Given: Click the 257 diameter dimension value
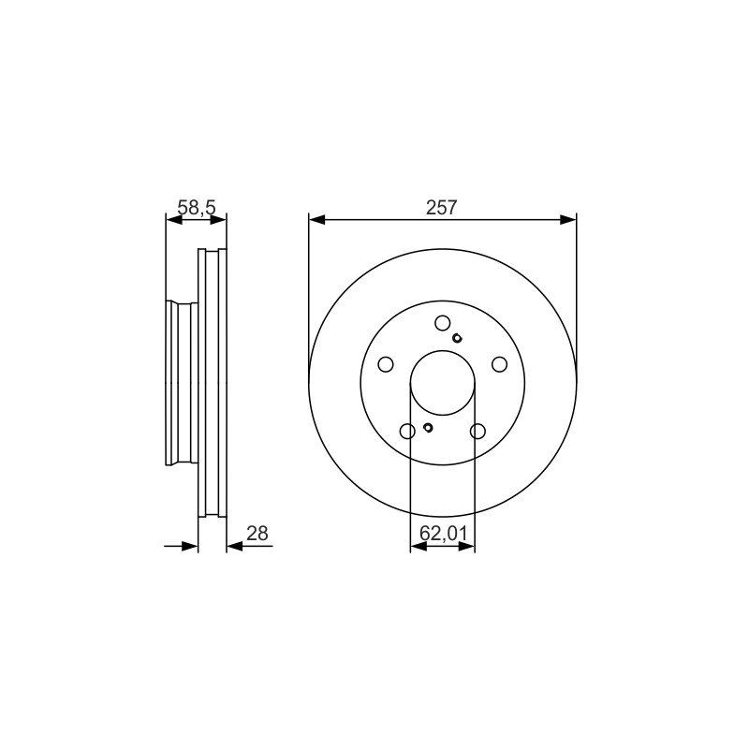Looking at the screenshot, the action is [442, 208].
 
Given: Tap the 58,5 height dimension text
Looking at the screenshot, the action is [197, 208].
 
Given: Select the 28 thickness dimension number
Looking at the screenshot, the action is [257, 533].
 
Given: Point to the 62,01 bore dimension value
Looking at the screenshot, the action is [443, 533].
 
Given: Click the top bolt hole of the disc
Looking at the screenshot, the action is [442, 323].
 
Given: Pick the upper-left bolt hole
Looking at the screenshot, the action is [386, 364].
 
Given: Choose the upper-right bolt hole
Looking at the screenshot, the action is [500, 364].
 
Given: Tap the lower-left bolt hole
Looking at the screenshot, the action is [407, 432].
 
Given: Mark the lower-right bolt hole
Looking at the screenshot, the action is [477, 432].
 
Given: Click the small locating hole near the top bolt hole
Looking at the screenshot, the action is [457, 338].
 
